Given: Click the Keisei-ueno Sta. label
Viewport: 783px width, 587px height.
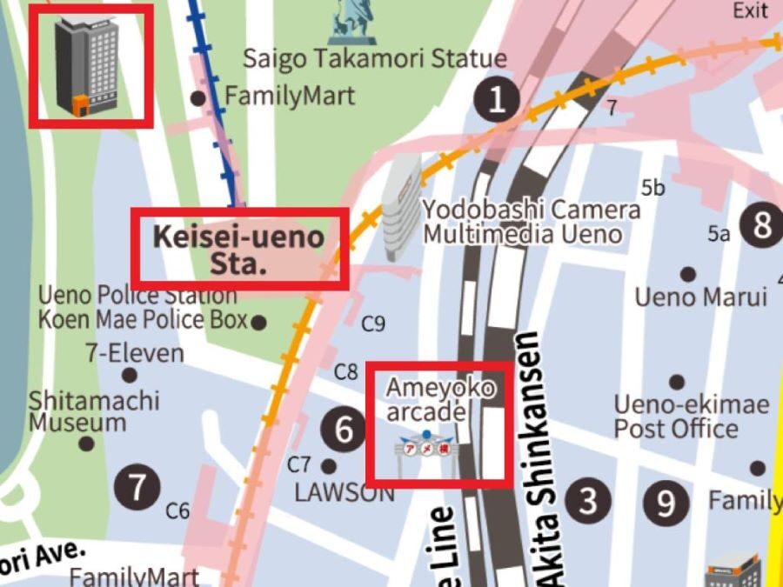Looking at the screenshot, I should [x=238, y=250].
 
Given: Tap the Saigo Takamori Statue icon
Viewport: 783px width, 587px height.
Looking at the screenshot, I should [x=351, y=22].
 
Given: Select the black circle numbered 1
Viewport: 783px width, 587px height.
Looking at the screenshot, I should [x=497, y=100].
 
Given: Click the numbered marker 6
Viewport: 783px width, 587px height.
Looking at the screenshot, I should [x=345, y=430].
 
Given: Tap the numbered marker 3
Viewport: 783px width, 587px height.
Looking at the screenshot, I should [x=589, y=501].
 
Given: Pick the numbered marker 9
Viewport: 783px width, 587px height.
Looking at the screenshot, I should [x=666, y=502].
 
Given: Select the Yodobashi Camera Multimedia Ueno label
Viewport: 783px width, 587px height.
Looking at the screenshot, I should [x=531, y=222].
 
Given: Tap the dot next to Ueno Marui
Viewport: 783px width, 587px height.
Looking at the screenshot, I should [x=688, y=274].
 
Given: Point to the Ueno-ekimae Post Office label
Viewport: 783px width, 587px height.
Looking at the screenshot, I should [x=691, y=417].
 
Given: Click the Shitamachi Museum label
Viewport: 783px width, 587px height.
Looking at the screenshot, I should [x=93, y=411].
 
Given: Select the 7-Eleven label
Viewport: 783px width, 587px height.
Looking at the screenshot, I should [x=135, y=353].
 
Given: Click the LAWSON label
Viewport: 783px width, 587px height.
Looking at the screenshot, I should [x=344, y=492].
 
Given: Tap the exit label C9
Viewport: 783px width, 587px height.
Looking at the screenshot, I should [x=373, y=324].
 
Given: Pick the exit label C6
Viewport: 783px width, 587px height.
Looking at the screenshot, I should [x=177, y=510].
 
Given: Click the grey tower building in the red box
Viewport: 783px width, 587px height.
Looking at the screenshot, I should [x=87, y=66].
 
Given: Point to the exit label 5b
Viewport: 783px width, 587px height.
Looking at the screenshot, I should [x=652, y=188].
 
